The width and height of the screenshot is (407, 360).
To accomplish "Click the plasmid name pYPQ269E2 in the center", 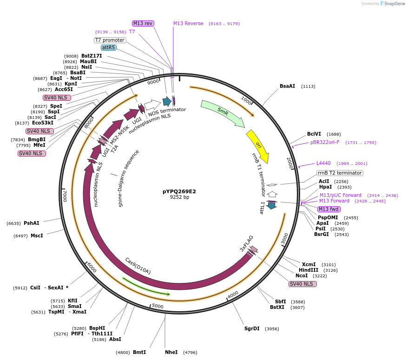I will click(x=179, y=191).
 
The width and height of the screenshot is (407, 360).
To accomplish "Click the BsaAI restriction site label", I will click(x=287, y=86).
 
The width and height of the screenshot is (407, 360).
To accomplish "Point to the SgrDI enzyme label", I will click(x=252, y=328).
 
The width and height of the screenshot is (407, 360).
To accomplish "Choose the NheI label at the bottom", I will click(x=171, y=352).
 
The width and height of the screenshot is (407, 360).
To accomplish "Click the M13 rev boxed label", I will click(x=143, y=23).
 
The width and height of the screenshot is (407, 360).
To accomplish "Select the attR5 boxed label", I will click(x=109, y=47).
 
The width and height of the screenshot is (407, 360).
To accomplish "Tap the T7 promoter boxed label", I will click(x=110, y=40).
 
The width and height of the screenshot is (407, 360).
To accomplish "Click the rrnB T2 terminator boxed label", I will click(x=339, y=173).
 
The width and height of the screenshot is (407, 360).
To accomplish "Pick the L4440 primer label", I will click(x=323, y=163).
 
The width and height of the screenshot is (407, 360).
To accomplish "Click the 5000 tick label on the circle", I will click(x=158, y=306).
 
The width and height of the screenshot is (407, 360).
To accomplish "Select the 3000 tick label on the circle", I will click(x=285, y=238).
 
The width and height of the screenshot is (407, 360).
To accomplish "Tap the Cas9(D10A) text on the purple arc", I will click(x=138, y=266).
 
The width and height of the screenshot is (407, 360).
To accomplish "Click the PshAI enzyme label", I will click(x=32, y=223).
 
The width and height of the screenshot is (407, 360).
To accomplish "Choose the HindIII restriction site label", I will click(x=309, y=270).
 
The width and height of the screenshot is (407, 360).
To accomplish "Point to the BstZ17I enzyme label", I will click(x=92, y=56).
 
